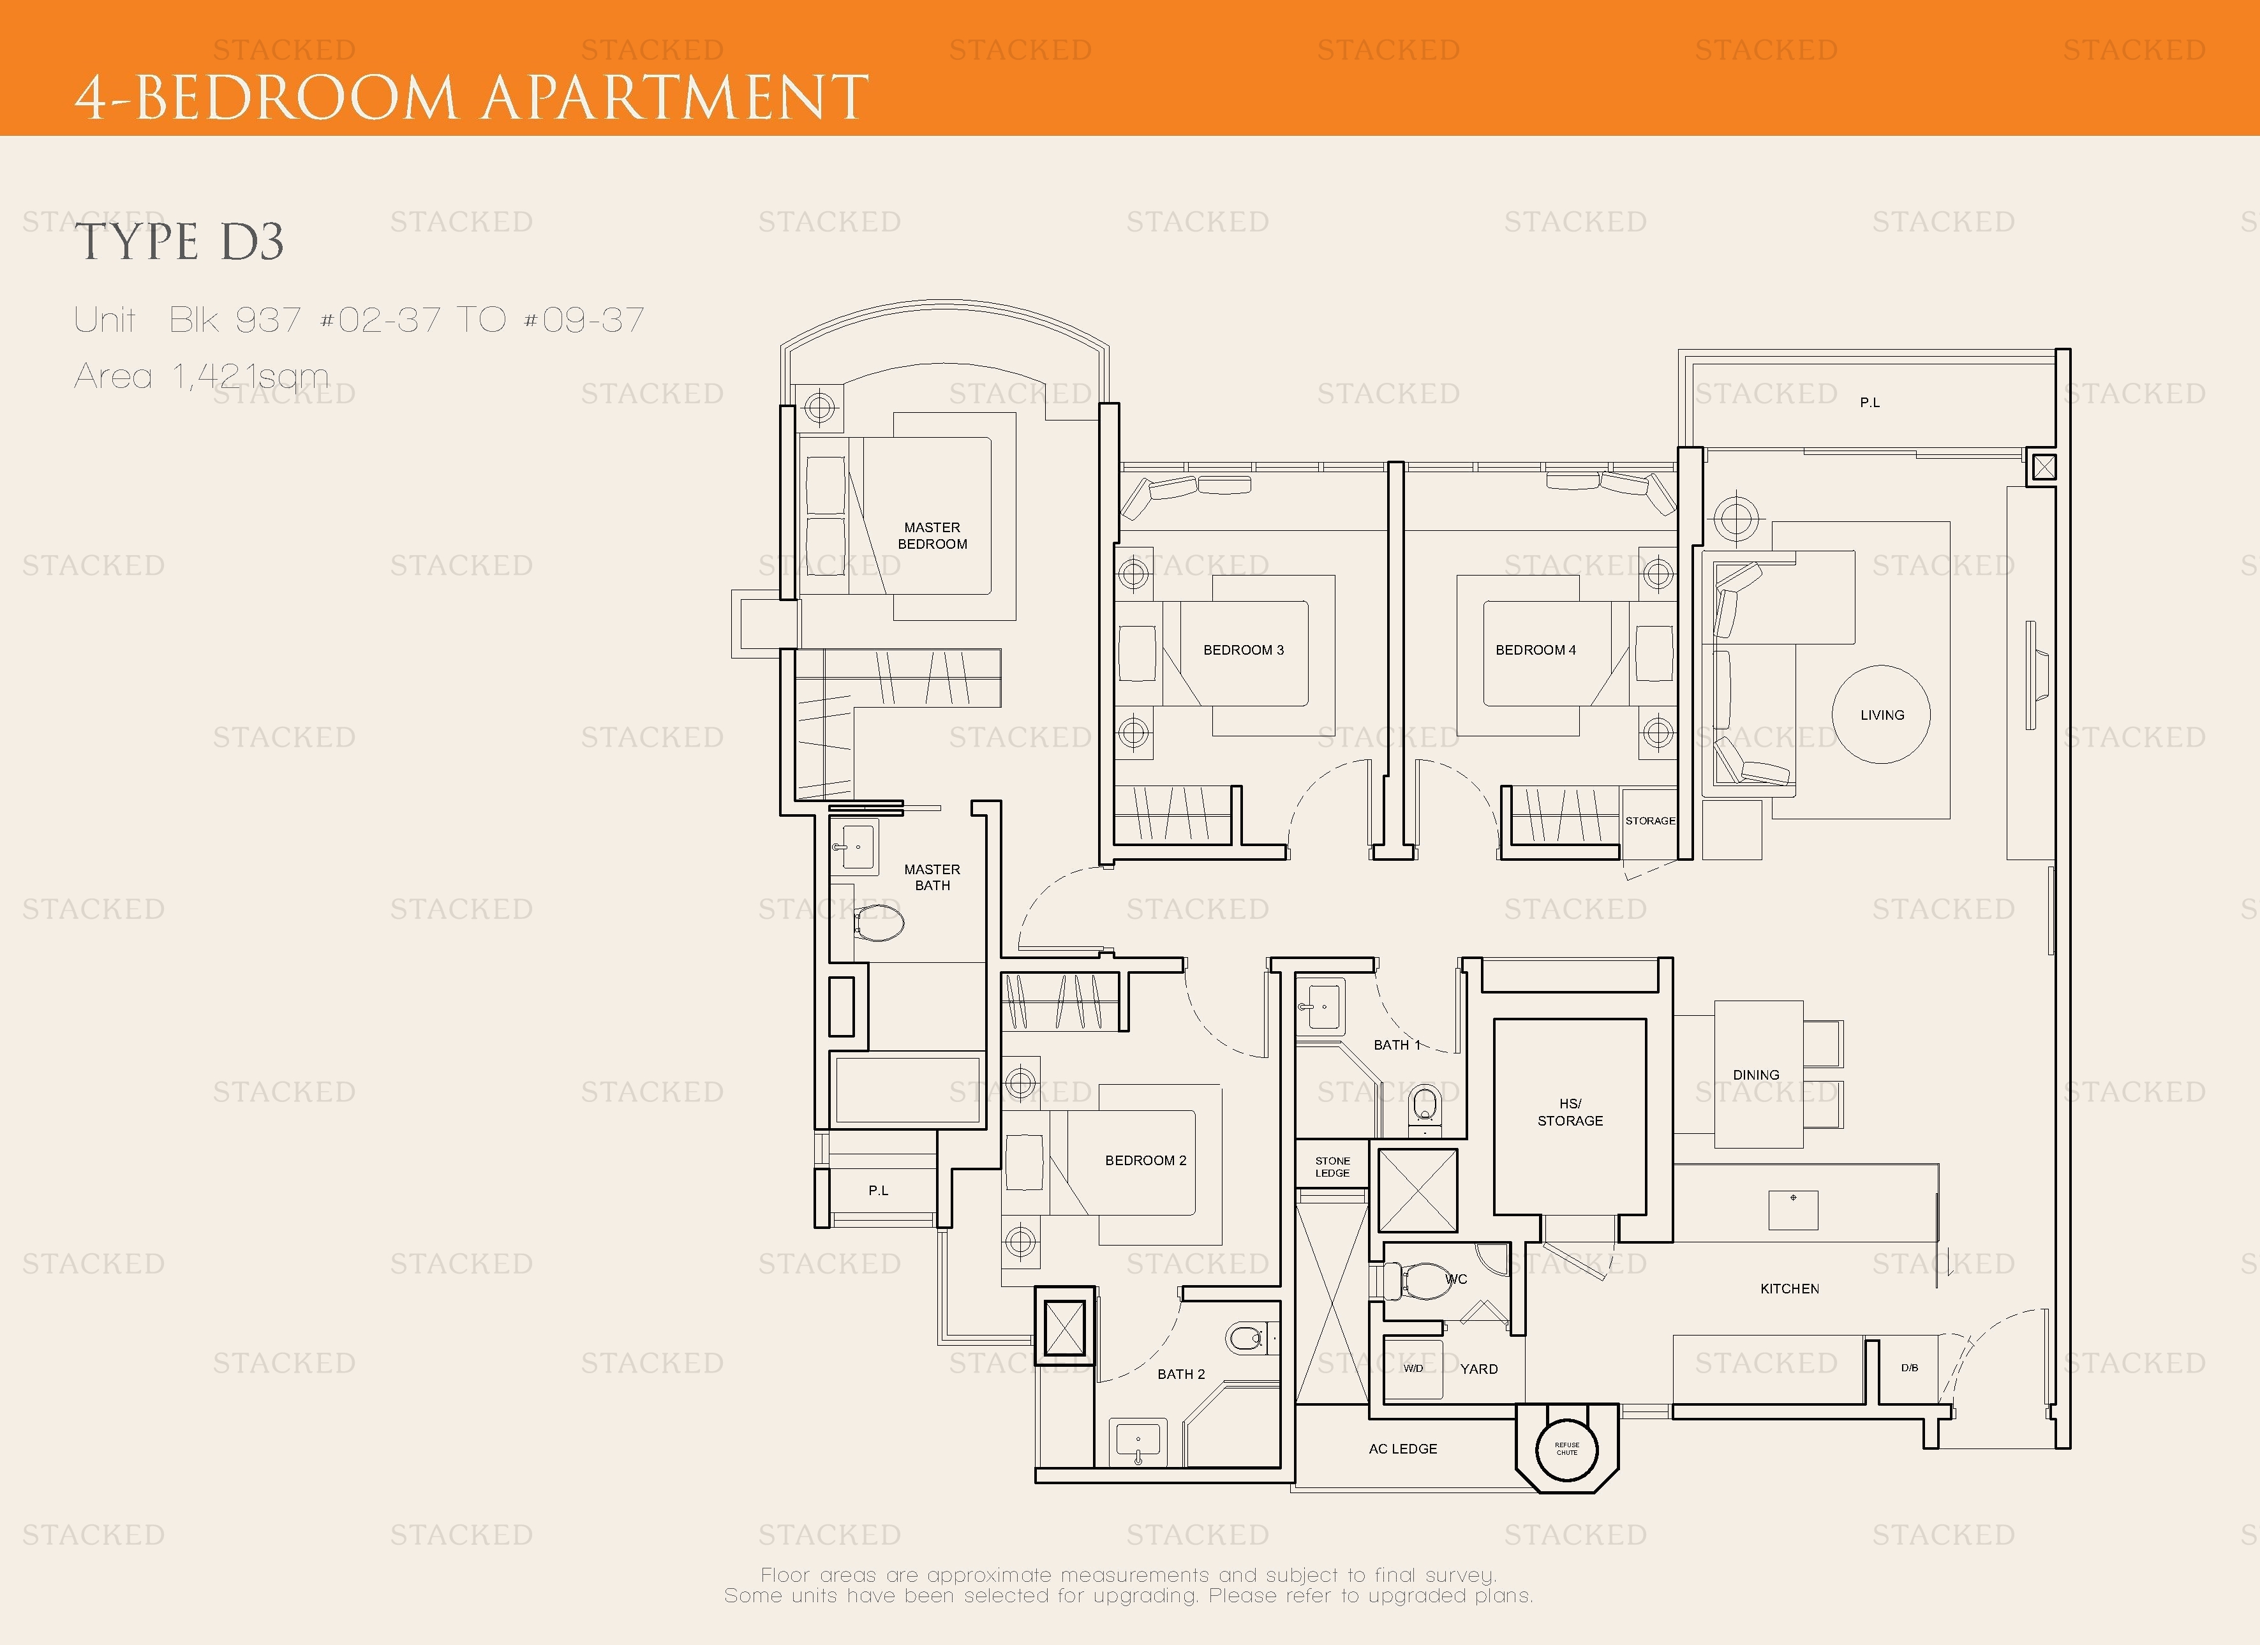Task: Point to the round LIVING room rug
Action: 1882,715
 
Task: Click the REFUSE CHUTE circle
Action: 1566,1448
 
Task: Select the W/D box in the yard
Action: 1413,1369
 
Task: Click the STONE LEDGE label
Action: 1332,1166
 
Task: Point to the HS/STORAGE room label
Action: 1570,1112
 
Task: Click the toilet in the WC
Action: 1425,1281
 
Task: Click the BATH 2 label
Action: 1181,1374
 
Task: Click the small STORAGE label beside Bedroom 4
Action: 1649,821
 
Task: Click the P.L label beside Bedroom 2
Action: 878,1191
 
